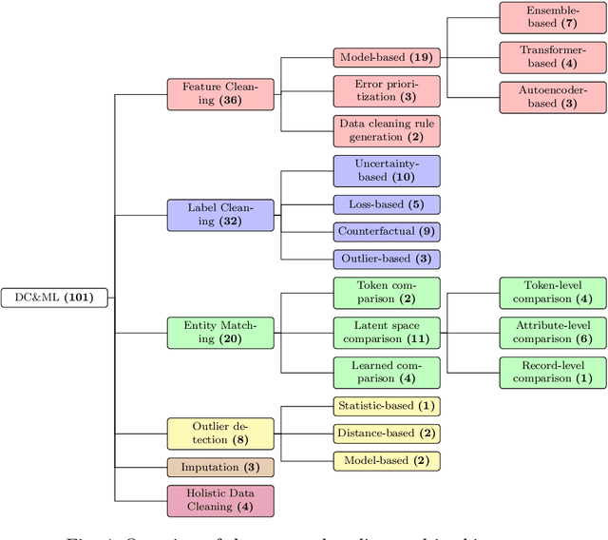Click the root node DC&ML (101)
tap(54, 298)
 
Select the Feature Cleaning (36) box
tap(220, 93)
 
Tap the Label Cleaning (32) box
tap(220, 215)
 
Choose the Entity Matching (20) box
tap(220, 332)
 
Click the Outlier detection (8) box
tap(220, 433)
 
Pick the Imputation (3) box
tap(220, 468)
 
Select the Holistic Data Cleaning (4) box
tap(220, 500)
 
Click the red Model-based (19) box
tap(387, 57)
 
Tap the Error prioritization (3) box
tap(387, 90)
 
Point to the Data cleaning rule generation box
tap(387, 130)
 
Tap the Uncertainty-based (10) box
tap(387, 170)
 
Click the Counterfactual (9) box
tap(387, 231)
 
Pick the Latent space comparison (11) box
tap(387, 332)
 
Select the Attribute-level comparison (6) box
tap(553, 332)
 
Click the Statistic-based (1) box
tap(387, 407)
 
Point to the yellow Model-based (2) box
tap(387, 461)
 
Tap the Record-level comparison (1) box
tap(553, 372)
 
